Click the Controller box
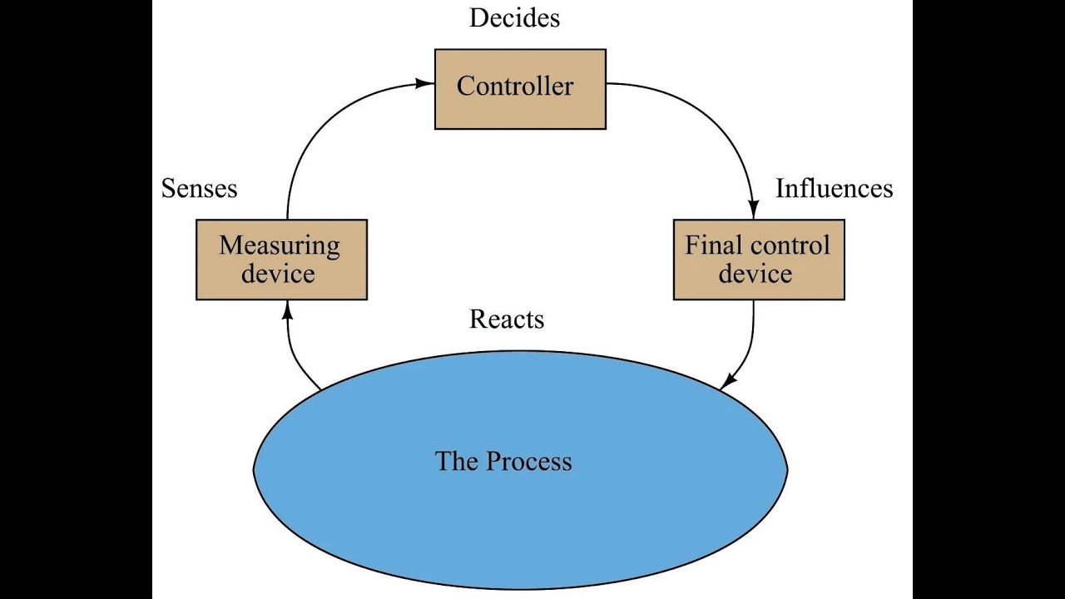pos(520,89)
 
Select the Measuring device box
pos(281,260)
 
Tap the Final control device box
pos(758,260)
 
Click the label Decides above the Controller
pos(514,17)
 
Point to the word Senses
pos(199,189)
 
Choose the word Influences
pos(834,189)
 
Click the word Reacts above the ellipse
pos(507,319)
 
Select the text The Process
pos(503,461)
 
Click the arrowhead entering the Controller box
pos(426,82)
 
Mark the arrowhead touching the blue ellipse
pos(726,383)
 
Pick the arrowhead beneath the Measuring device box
pos(288,309)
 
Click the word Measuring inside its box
pos(280,245)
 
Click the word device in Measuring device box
pos(278,274)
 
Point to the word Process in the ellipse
pos(529,461)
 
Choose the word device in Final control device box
pos(755,274)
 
